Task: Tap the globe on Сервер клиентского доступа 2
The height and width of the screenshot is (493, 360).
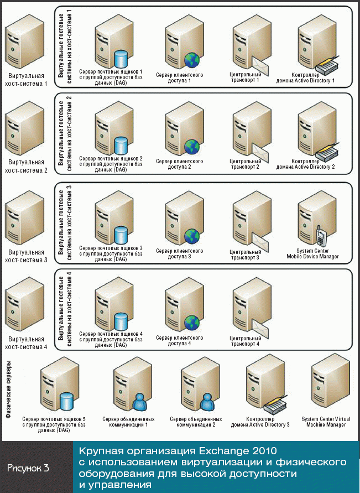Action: pos(191,147)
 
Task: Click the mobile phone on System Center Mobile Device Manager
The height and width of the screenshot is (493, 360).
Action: pos(320,236)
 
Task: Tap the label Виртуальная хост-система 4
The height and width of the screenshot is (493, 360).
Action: pos(25,343)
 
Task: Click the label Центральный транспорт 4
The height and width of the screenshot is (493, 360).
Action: pos(244,340)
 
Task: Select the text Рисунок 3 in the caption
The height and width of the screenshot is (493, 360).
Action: pos(29,468)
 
